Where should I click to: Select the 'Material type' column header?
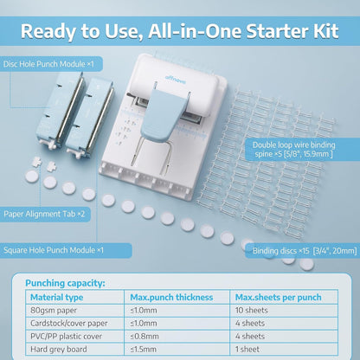55,298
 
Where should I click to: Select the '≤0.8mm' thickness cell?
145,336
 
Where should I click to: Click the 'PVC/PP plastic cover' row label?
69,336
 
